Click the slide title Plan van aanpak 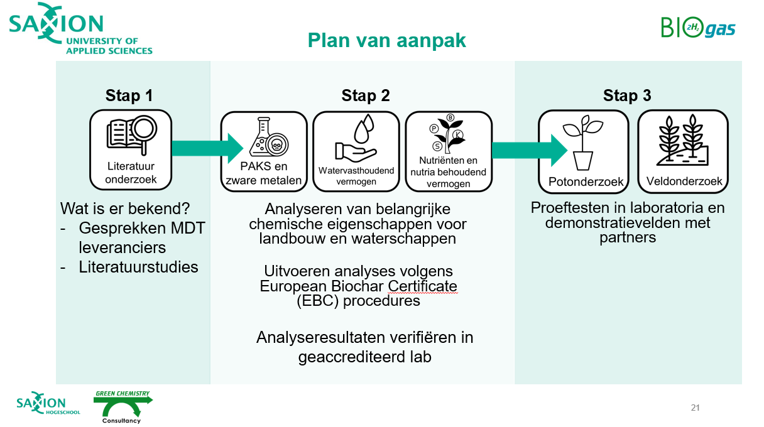tap(386, 40)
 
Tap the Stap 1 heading tap(129, 95)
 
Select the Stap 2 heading tap(366, 95)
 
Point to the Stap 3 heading tap(627, 95)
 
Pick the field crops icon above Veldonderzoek tap(682, 138)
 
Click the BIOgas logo tap(697, 28)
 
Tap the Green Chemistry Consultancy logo tap(123, 407)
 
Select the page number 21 tap(695, 408)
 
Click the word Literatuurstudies tap(138, 267)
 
